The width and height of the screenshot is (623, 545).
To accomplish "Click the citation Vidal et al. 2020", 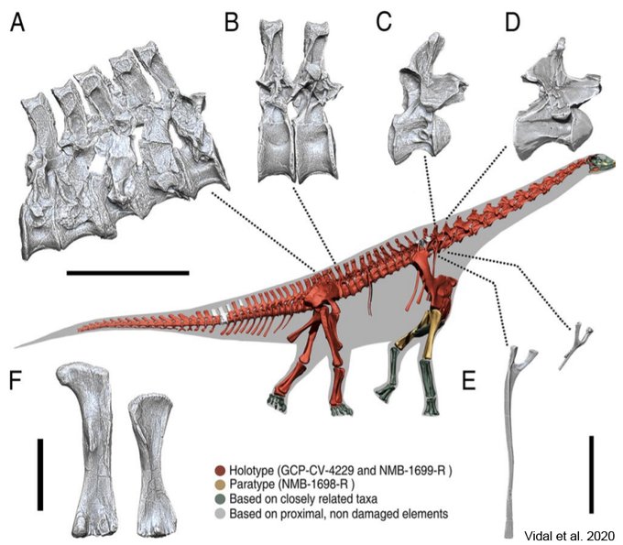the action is click(569, 535).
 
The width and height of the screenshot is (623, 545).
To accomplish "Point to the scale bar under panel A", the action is click(127, 272).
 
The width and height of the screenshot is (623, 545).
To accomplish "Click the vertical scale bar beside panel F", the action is click(40, 474).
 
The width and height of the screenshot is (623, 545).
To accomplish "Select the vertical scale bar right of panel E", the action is click(591, 474).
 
